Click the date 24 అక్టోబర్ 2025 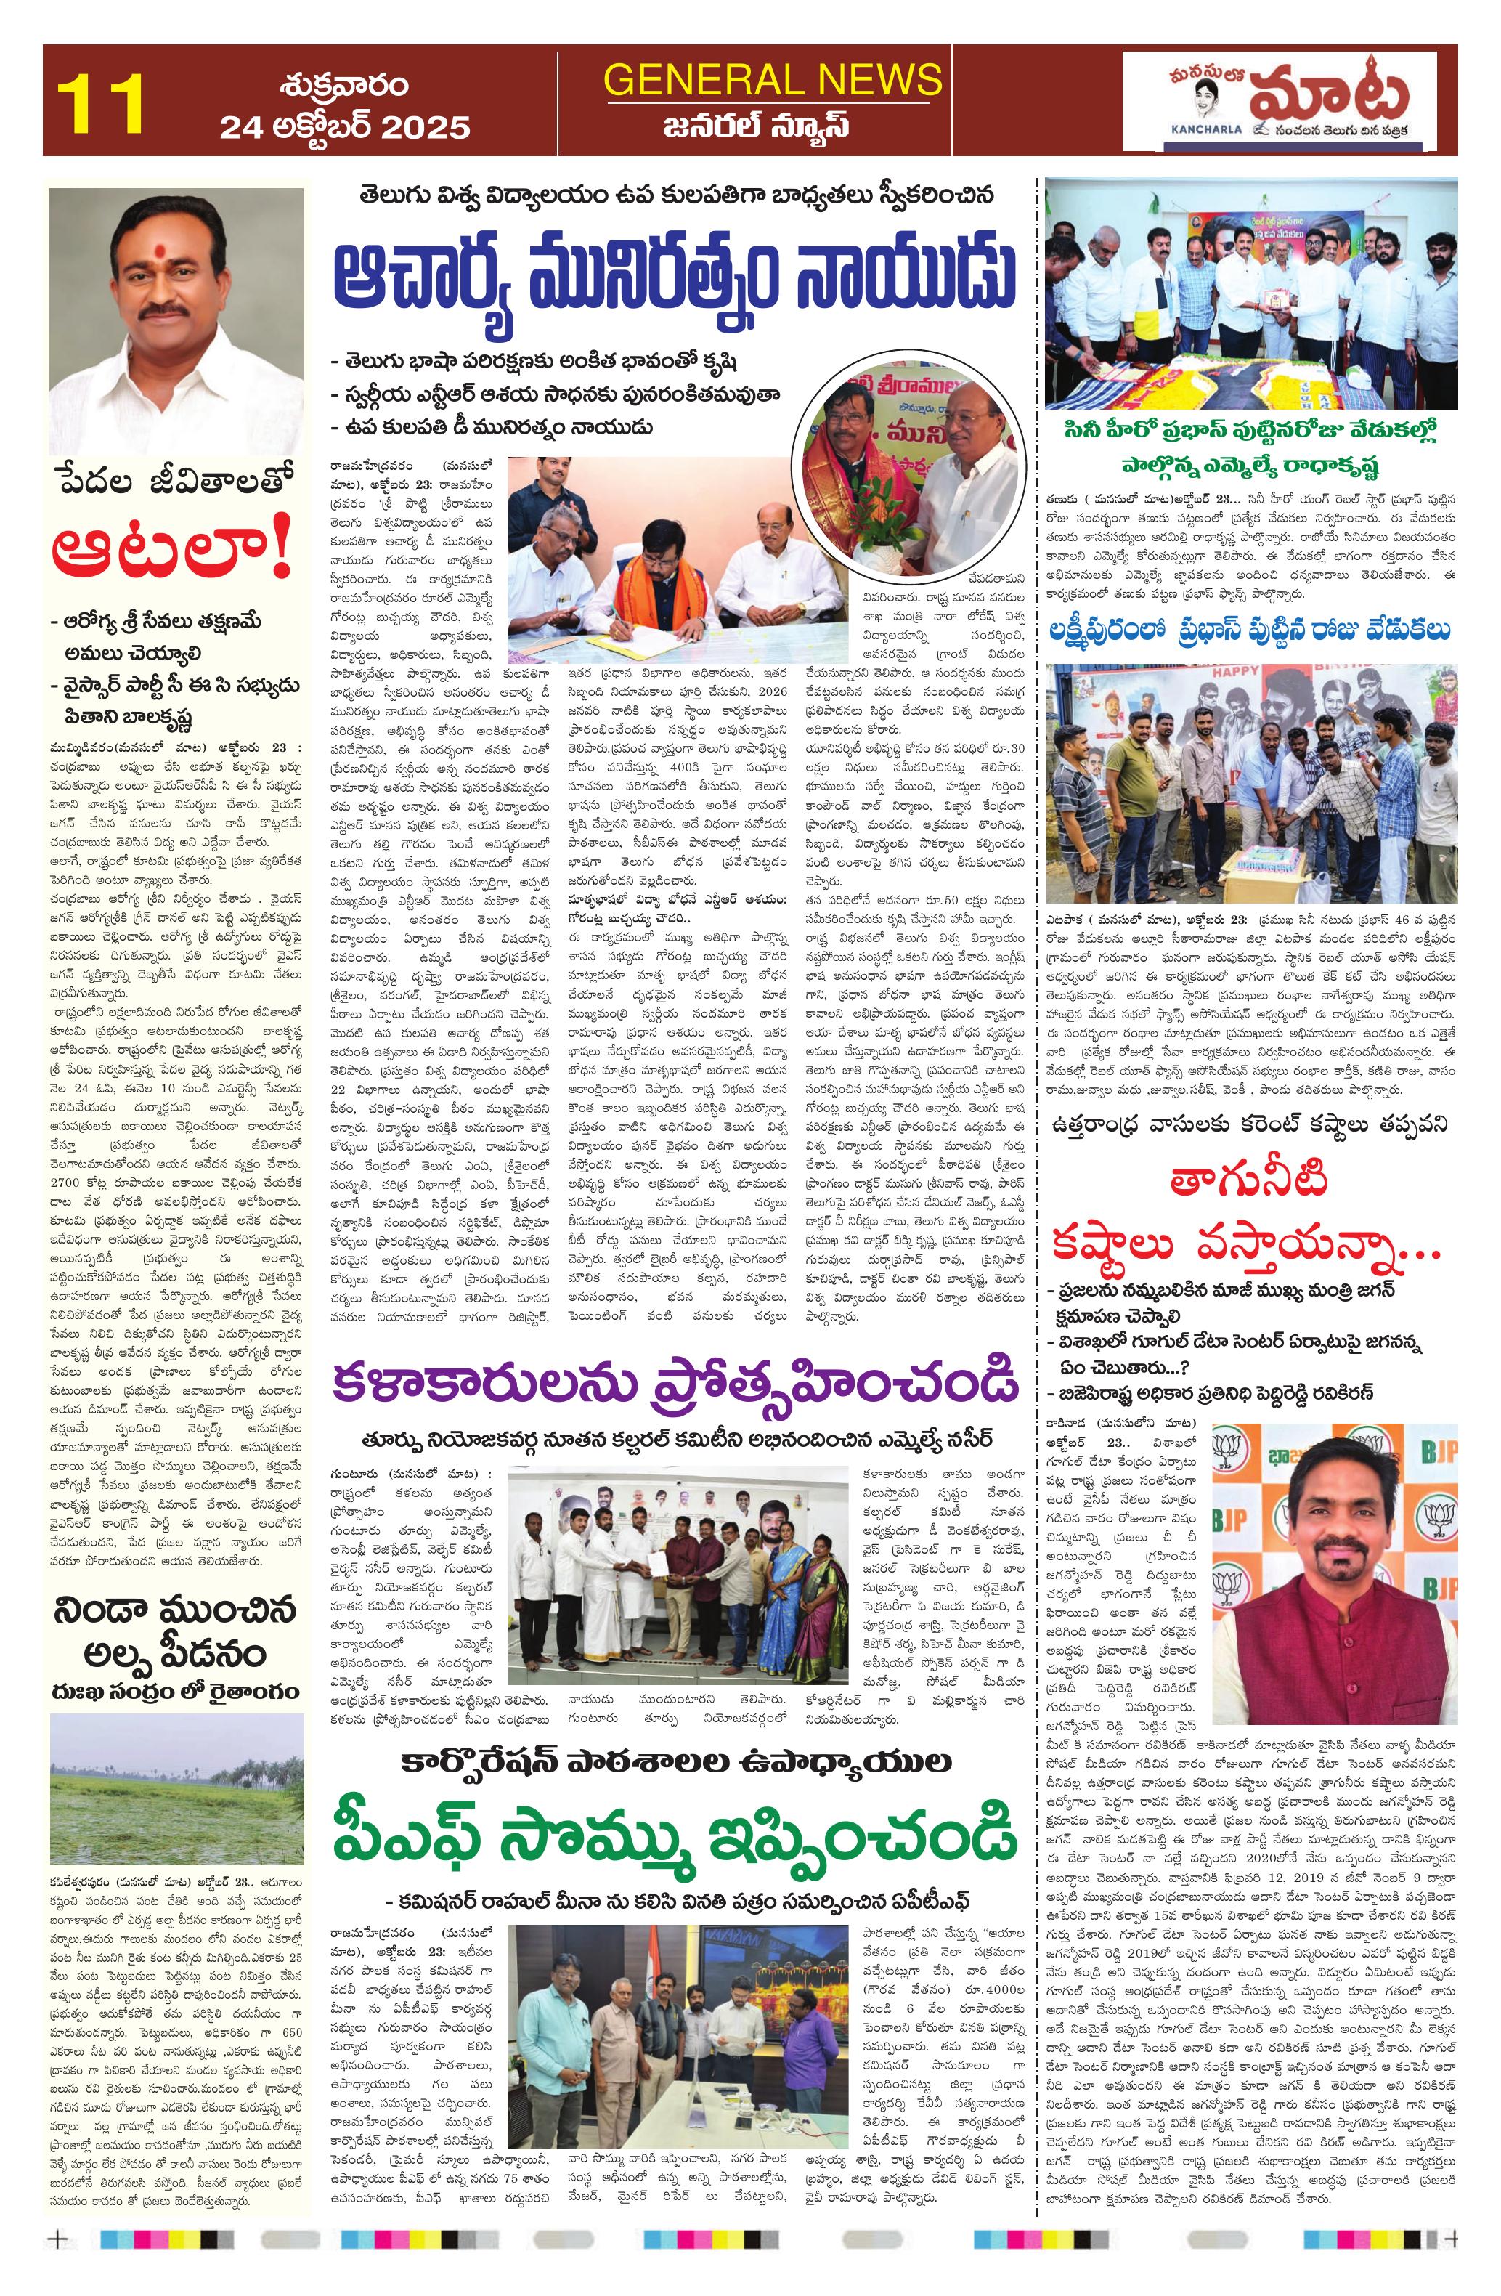coord(344,127)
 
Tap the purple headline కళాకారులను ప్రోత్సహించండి coord(675,1384)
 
